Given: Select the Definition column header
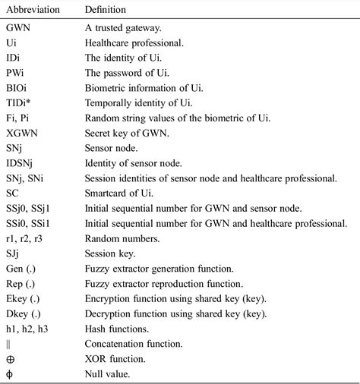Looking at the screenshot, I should (x=106, y=9).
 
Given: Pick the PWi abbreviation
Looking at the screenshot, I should (x=15, y=74).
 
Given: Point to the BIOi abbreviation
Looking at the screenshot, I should (x=17, y=89).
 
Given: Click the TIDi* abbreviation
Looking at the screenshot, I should (x=19, y=103).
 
